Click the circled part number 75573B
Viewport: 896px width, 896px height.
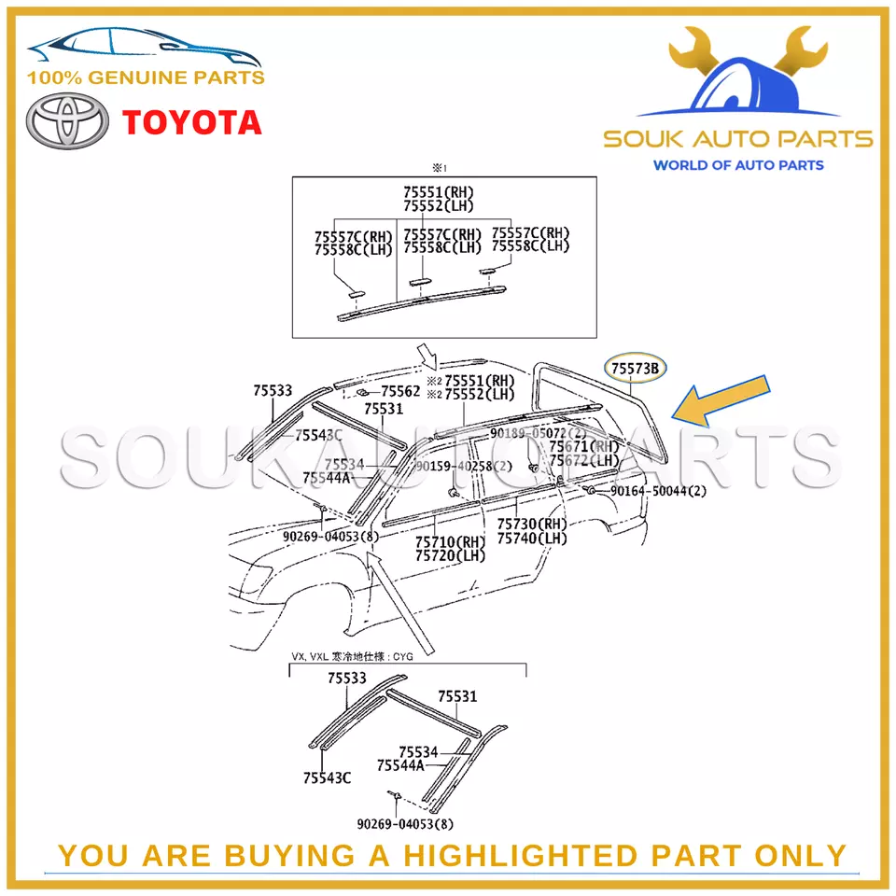click(635, 370)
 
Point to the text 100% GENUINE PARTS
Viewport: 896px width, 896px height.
click(145, 78)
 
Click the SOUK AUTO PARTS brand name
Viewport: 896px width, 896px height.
click(737, 140)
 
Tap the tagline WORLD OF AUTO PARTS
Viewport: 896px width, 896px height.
click(737, 165)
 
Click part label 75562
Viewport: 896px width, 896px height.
click(401, 393)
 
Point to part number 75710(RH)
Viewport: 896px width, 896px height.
click(450, 542)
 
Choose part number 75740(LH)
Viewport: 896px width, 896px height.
click(532, 539)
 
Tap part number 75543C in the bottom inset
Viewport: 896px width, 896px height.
click(327, 777)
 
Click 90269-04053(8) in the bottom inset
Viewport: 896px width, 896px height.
click(404, 823)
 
